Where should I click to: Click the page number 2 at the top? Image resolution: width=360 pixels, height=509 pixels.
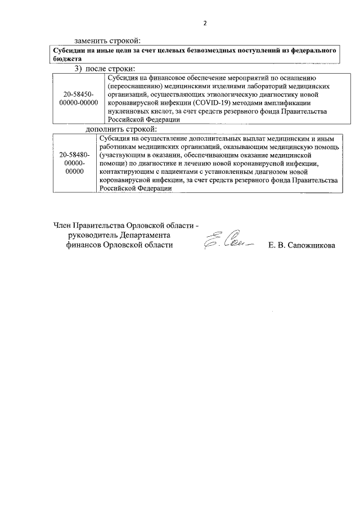pyautogui.click(x=205, y=24)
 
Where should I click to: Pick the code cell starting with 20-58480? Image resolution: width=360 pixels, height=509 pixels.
pyautogui.click(x=71, y=163)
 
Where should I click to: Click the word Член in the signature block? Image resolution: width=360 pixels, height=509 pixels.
pyautogui.click(x=62, y=226)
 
